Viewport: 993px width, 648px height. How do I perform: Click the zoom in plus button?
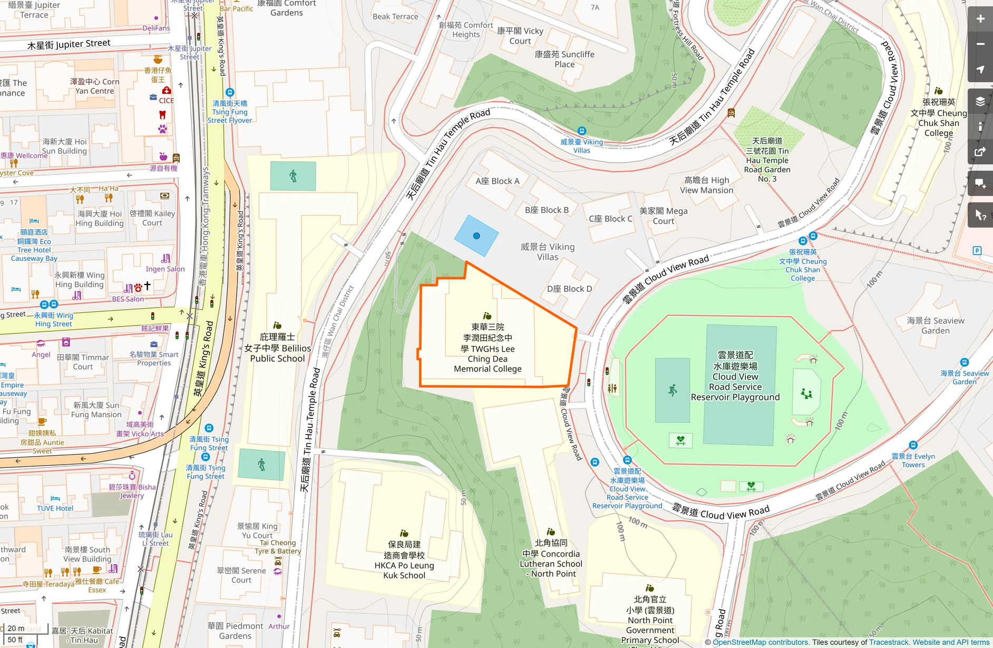[x=980, y=19]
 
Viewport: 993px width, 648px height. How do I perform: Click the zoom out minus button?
[x=980, y=44]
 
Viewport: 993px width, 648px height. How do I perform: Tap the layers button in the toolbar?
[x=980, y=102]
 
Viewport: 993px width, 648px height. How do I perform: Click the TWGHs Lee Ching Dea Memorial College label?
[x=488, y=348]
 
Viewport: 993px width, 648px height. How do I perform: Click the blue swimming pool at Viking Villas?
[x=476, y=236]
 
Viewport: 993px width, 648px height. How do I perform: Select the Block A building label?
[x=497, y=181]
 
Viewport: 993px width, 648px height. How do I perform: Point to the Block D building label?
[x=569, y=289]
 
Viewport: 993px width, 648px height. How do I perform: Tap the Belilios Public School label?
[x=277, y=348]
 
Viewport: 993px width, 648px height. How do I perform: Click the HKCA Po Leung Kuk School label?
[x=404, y=560]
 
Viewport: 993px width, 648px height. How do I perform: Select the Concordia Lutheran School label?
[x=551, y=558]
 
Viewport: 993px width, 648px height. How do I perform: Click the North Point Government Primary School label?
[x=650, y=620]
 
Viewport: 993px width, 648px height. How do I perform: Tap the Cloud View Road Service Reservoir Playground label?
[x=735, y=376]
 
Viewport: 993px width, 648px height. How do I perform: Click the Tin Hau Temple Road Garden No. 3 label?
[x=767, y=160]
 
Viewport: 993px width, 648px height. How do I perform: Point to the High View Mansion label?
[x=706, y=185]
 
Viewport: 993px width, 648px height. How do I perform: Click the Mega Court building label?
[x=663, y=216]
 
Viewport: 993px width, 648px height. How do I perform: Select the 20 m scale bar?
[x=16, y=628]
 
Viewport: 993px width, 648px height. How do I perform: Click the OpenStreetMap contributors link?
[x=761, y=642]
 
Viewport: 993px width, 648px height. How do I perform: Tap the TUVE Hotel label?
[x=55, y=508]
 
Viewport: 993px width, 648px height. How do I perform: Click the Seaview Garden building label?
[x=936, y=326]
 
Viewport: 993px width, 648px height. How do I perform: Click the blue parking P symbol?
[x=977, y=251]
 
